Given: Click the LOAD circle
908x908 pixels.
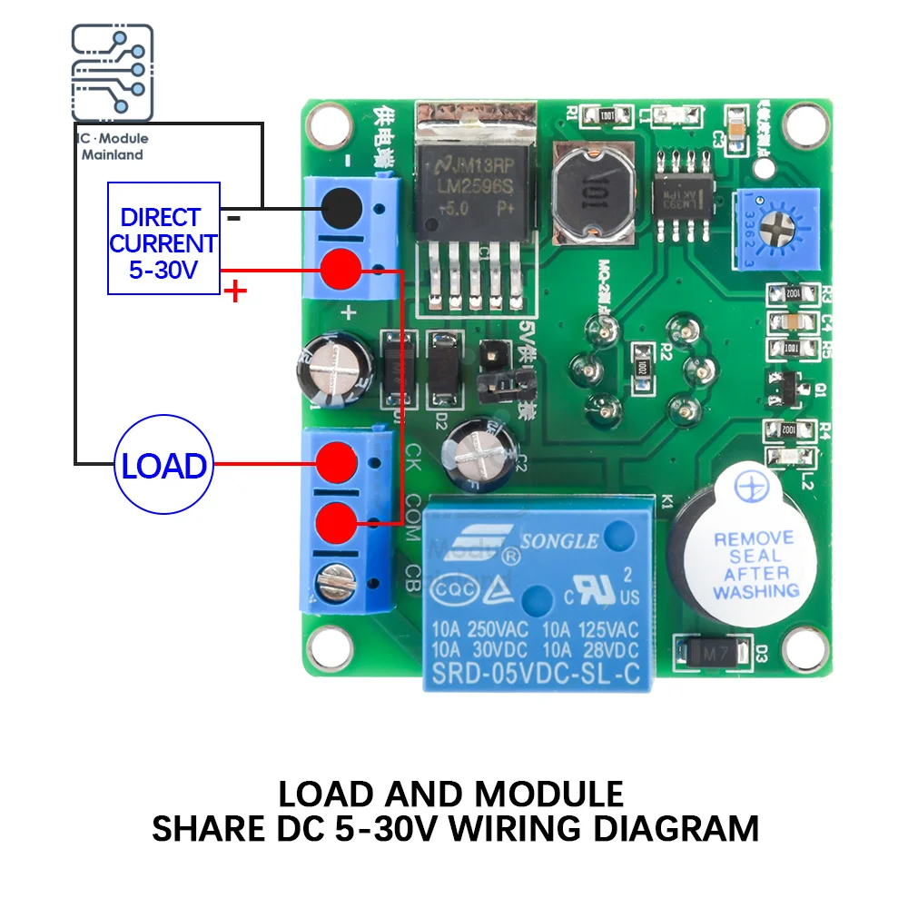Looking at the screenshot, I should pyautogui.click(x=163, y=466).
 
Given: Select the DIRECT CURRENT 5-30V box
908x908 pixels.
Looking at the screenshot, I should pyautogui.click(x=163, y=238).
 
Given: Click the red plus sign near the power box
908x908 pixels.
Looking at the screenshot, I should pyautogui.click(x=235, y=291).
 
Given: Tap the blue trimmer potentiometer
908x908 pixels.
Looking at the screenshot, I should pyautogui.click(x=776, y=228).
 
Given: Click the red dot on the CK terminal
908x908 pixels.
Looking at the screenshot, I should pyautogui.click(x=338, y=460).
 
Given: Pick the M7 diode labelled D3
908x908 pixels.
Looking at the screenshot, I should pyautogui.click(x=714, y=652).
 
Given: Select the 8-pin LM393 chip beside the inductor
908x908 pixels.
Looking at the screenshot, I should pyautogui.click(x=682, y=192).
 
